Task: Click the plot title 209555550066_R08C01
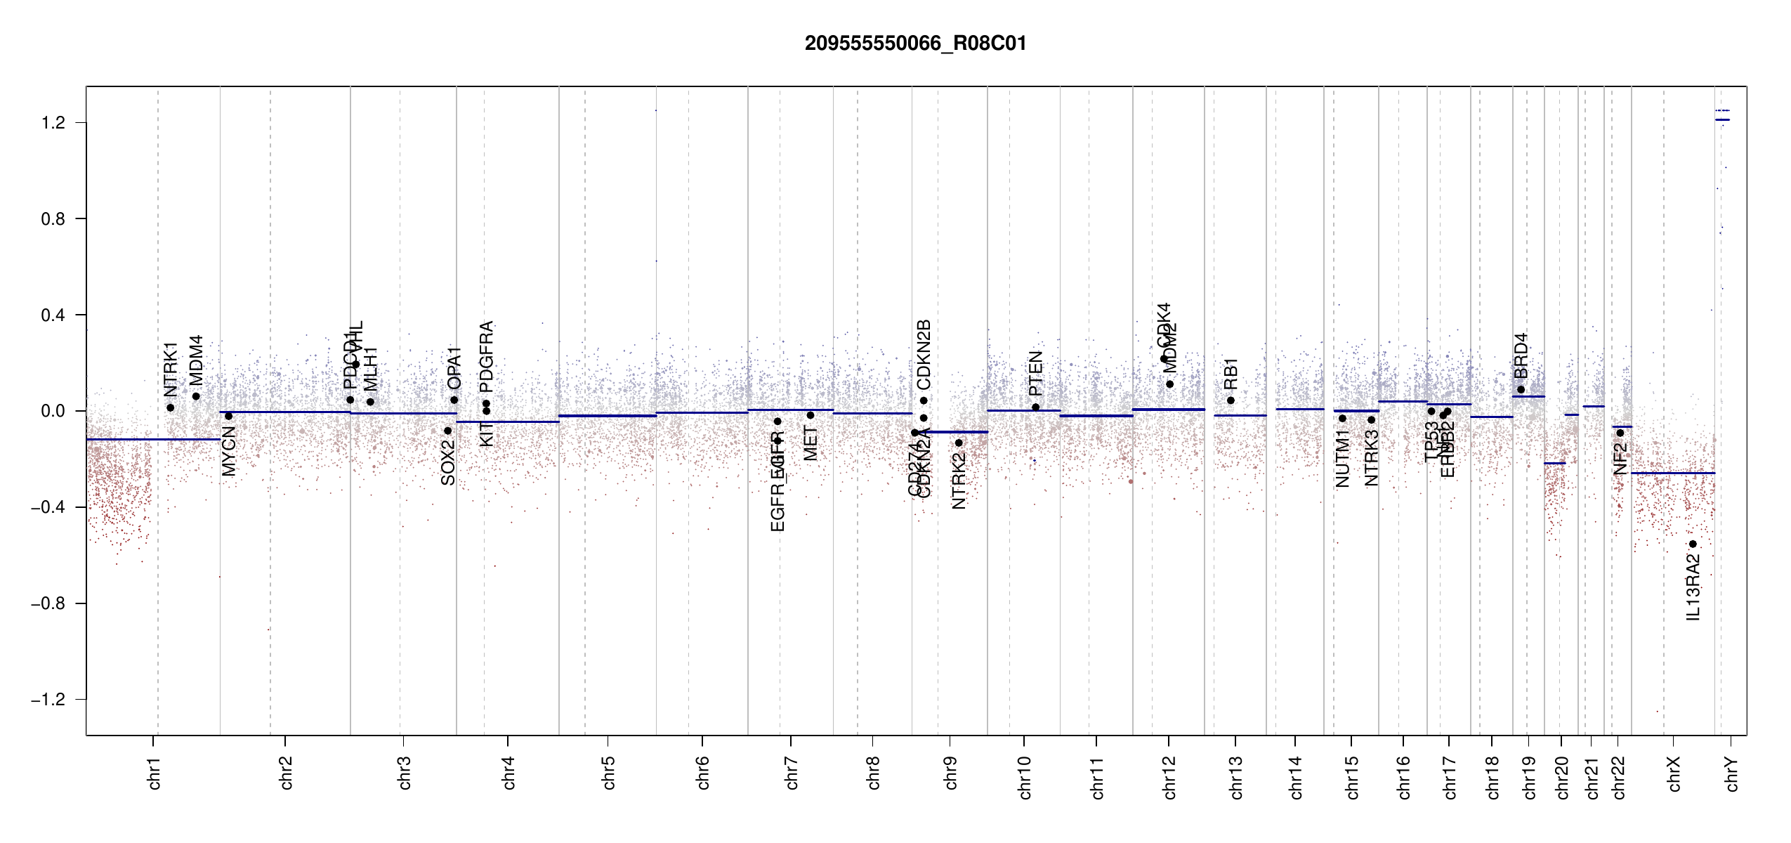click(915, 44)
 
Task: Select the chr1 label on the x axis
click(155, 773)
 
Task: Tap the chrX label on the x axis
click(1674, 773)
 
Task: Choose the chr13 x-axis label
click(1236, 777)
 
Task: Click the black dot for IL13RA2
click(1693, 544)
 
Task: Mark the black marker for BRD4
click(1521, 390)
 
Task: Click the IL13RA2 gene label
click(1693, 587)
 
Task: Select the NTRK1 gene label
click(170, 370)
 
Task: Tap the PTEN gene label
click(1035, 373)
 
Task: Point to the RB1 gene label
click(1231, 374)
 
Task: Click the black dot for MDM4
click(196, 396)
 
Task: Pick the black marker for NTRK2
click(959, 443)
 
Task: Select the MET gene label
click(811, 443)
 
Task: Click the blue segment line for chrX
click(1672, 473)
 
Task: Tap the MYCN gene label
click(228, 451)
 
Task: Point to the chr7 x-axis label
click(792, 773)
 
